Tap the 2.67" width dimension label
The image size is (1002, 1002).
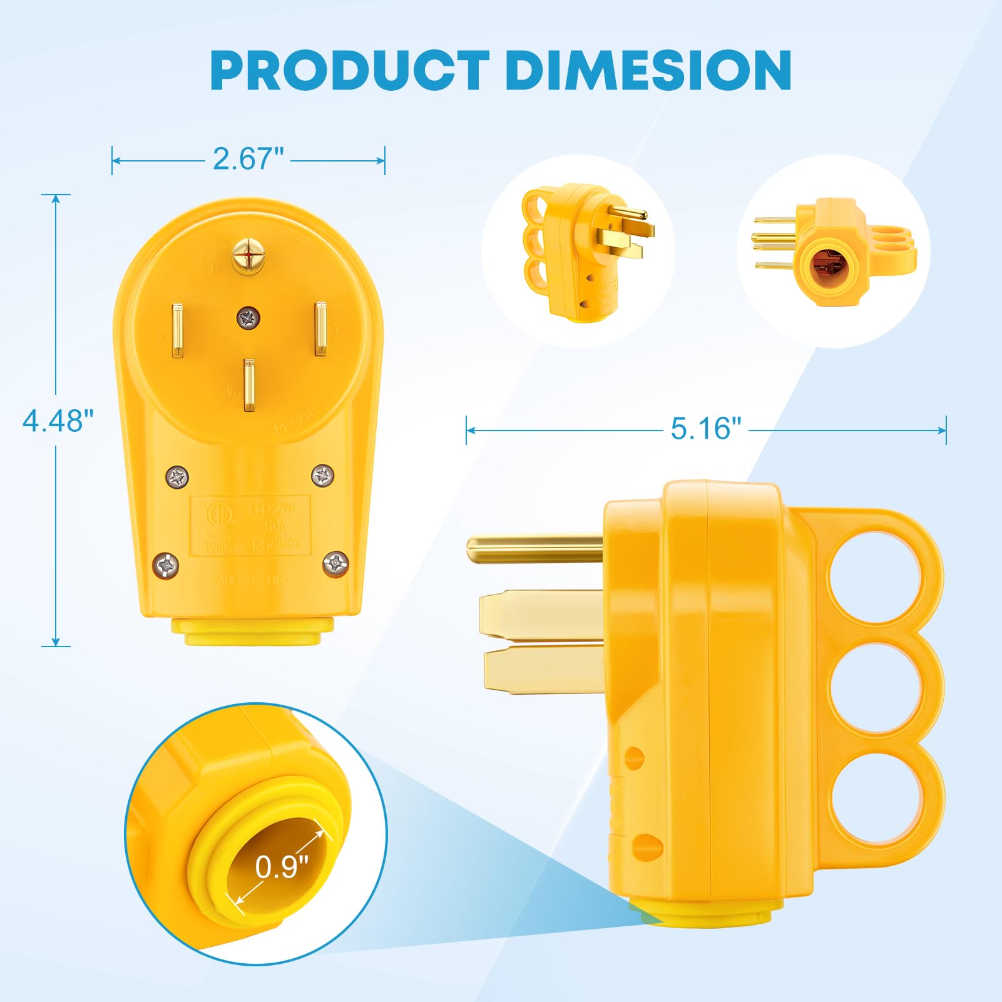(248, 159)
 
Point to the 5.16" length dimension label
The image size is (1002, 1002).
(705, 429)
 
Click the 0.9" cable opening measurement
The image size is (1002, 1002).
(281, 867)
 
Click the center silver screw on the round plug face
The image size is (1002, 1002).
(248, 318)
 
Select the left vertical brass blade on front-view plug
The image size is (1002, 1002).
(178, 330)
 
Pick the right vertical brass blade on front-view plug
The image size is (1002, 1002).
(320, 329)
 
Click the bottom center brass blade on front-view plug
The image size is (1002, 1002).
(249, 385)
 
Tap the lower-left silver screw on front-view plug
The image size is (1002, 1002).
(166, 566)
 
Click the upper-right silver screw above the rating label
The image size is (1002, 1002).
(322, 476)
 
